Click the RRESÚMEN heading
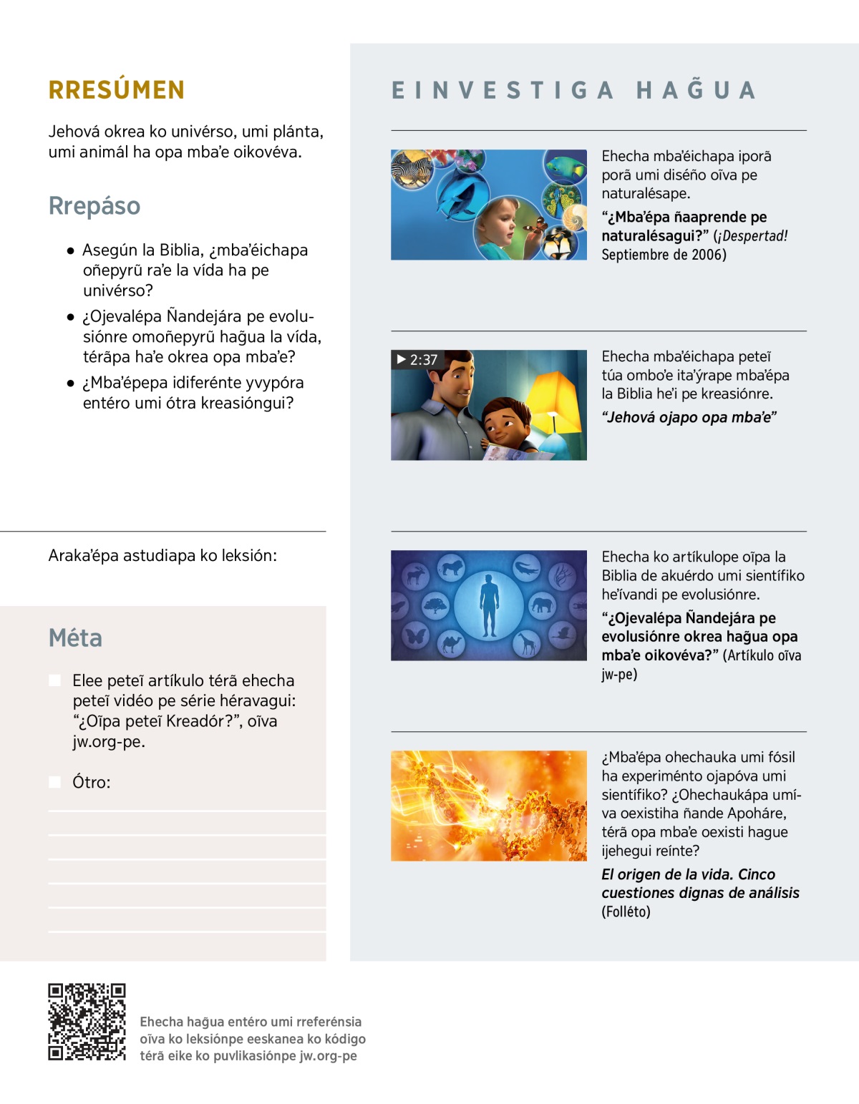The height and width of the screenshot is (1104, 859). click(117, 90)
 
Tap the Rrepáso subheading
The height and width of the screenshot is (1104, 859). click(94, 206)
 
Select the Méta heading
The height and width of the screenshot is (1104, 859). click(75, 638)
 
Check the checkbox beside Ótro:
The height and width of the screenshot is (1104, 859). click(55, 782)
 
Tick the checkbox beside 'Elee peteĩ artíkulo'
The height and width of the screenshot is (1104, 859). click(55, 680)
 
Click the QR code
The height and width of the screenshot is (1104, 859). click(87, 1022)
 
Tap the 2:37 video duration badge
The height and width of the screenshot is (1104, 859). click(417, 359)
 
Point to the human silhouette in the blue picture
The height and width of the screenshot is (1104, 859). click(489, 606)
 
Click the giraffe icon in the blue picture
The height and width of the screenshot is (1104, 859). click(528, 644)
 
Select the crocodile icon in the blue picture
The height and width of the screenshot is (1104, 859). click(526, 569)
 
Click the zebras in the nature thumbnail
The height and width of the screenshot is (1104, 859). click(412, 170)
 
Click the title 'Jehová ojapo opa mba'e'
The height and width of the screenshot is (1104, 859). click(689, 418)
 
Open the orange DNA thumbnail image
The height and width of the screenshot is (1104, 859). click(489, 806)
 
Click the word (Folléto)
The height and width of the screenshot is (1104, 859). click(626, 912)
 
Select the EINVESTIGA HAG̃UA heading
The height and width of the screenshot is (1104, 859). click(573, 91)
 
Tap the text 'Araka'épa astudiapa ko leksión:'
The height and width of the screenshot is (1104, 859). click(162, 556)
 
